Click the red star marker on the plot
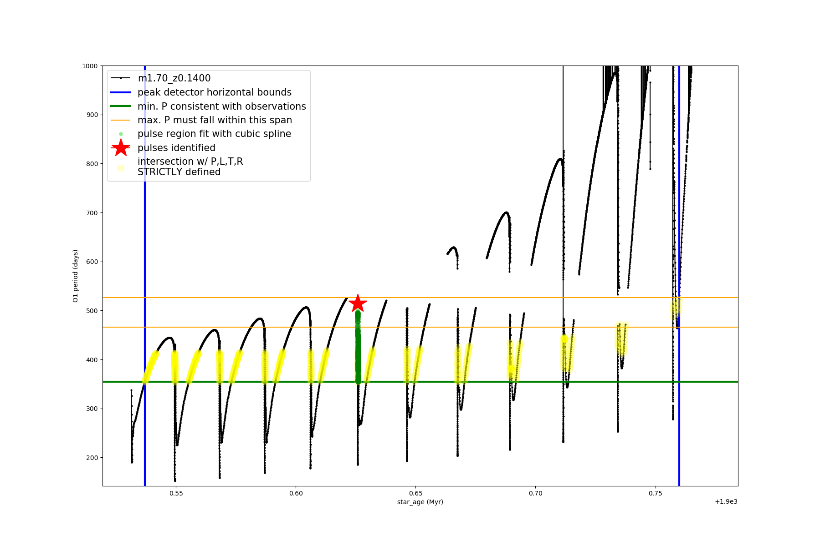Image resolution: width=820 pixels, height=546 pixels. (358, 303)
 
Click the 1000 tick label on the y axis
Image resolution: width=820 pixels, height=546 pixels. (90, 66)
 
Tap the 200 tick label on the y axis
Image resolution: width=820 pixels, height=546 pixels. (92, 458)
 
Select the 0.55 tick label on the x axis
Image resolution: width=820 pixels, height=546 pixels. (176, 493)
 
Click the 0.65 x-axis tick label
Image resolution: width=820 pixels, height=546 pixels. (415, 493)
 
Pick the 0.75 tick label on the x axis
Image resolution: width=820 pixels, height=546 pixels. (655, 493)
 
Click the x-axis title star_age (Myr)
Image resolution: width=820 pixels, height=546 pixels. (420, 502)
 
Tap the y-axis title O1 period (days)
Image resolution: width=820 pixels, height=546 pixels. (76, 276)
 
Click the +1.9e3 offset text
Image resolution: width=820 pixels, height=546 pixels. (726, 502)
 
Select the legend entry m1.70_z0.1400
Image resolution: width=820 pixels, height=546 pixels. (174, 78)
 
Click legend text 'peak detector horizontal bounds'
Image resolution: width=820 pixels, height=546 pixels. (214, 92)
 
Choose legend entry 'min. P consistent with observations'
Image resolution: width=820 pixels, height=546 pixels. (221, 106)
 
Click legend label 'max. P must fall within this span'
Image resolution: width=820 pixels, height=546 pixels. (215, 120)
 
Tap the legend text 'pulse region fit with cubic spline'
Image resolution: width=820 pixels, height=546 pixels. (214, 134)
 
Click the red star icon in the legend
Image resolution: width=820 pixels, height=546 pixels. (121, 147)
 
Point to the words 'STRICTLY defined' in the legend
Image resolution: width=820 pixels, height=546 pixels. (179, 172)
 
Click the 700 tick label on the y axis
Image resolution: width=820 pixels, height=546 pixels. (92, 213)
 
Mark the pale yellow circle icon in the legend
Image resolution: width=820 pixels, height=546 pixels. (121, 168)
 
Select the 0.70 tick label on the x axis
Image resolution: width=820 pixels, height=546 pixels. (535, 493)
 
